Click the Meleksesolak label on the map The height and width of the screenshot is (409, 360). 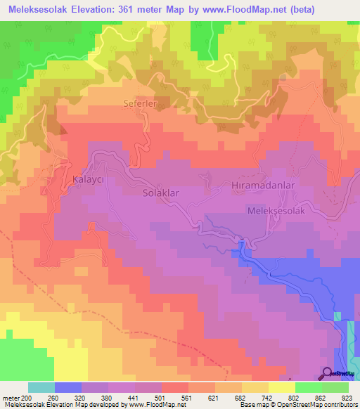276,210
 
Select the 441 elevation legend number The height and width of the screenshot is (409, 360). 134,398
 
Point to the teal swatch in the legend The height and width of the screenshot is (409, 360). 41,387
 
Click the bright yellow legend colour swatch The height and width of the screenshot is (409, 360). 281,387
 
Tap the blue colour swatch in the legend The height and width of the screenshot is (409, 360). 68,387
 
